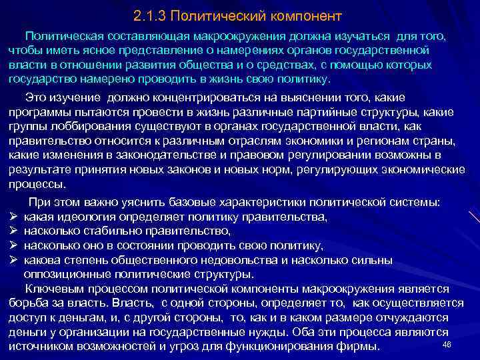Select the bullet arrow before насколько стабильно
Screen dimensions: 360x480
(13, 231)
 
